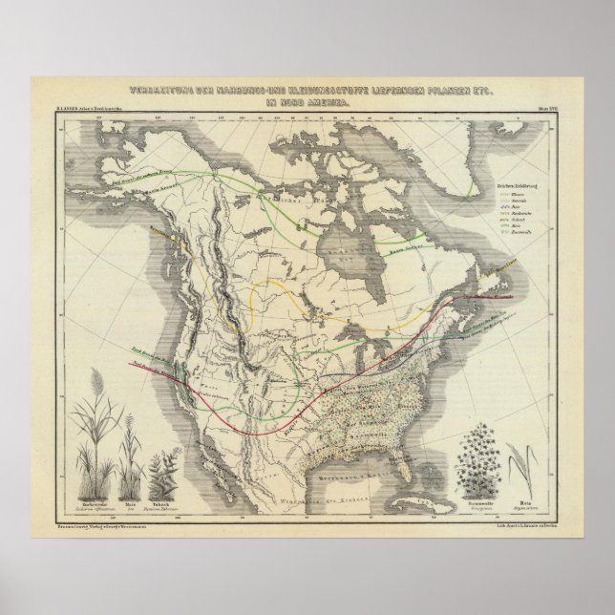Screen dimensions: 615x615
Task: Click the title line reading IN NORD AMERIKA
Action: pos(307,98)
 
